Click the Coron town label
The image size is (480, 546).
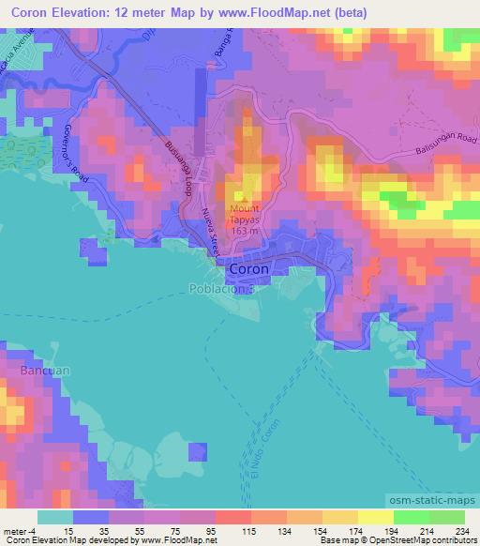[249, 268]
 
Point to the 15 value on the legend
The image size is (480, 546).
[90, 532]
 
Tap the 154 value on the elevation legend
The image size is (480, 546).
[310, 532]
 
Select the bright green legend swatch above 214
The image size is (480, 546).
[412, 517]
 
